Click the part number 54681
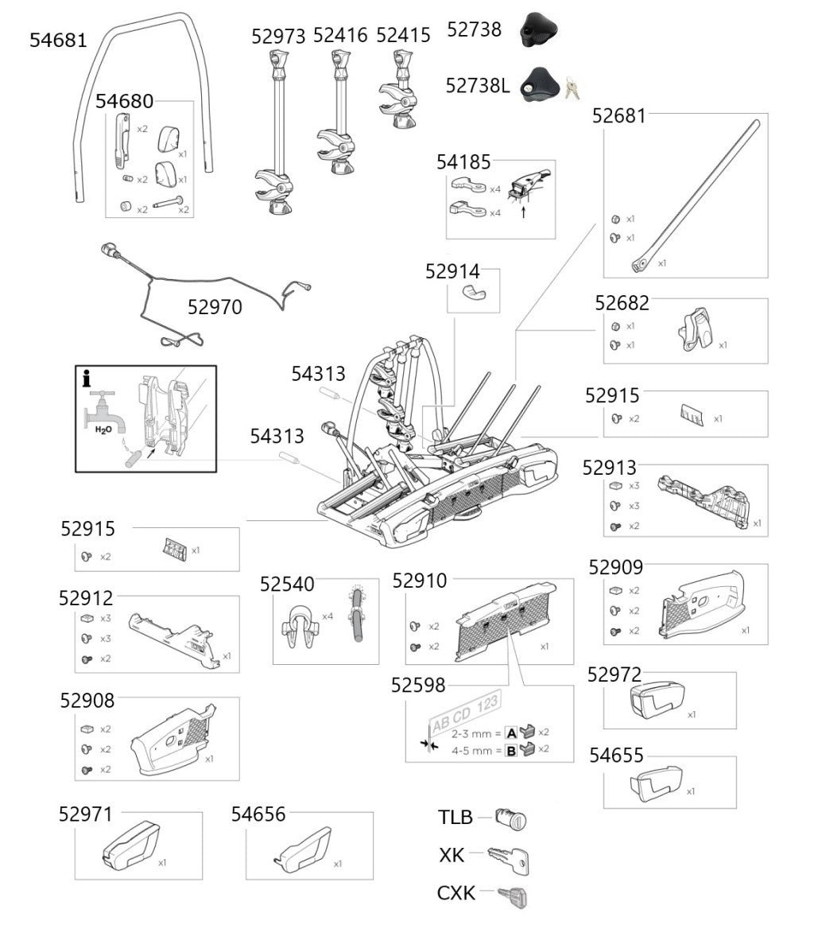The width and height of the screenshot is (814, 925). [x=58, y=40]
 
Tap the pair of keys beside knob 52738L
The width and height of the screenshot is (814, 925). [x=572, y=87]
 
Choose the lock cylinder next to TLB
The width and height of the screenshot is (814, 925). [x=510, y=818]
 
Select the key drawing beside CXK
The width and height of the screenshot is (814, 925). [x=512, y=896]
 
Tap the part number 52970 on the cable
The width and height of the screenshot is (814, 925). [x=214, y=307]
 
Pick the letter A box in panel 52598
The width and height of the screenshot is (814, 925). [x=511, y=732]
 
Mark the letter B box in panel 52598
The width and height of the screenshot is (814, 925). [x=511, y=750]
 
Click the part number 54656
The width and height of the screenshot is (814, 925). [x=258, y=814]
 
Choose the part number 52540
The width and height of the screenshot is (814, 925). [x=287, y=585]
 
